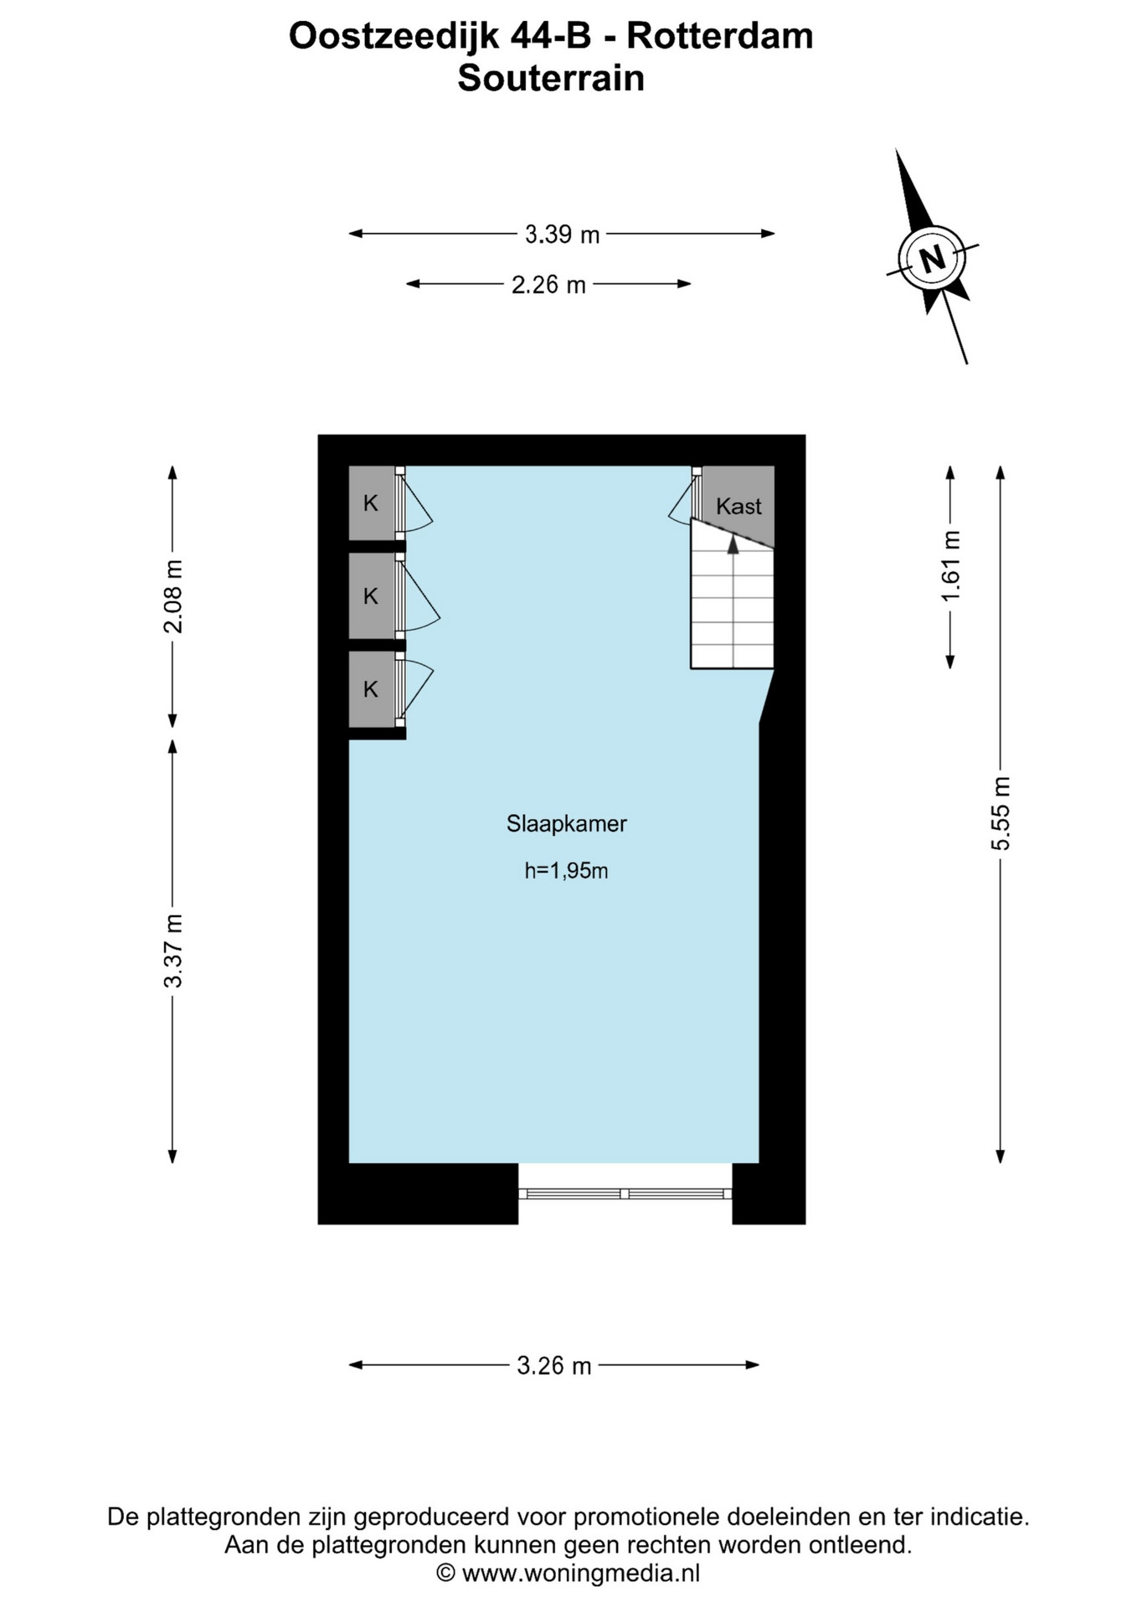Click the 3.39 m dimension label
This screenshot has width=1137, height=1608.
pos(562,234)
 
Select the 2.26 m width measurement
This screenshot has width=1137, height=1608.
pos(548,285)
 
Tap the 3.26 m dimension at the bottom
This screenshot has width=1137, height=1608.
pos(553,1366)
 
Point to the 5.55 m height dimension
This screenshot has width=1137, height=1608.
pos(1001,813)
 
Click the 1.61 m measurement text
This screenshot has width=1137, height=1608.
pos(950,566)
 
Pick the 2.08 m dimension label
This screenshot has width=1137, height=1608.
pos(172,596)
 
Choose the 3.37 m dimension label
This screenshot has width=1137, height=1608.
pos(172,951)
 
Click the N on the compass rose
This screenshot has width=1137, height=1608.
pos(932,257)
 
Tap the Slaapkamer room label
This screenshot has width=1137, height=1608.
pos(567,824)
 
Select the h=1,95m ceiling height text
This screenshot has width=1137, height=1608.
pos(566,871)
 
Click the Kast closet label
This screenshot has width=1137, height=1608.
pos(738,506)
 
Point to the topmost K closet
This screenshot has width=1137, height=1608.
pos(371,503)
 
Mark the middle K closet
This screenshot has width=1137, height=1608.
pos(371,596)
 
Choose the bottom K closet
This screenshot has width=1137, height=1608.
pos(371,689)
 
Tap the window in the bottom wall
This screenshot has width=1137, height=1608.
pos(625,1193)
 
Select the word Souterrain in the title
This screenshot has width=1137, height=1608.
pos(551,79)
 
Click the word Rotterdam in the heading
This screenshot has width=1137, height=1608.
pos(720,36)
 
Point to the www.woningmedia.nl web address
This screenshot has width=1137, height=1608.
pos(580,1574)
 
